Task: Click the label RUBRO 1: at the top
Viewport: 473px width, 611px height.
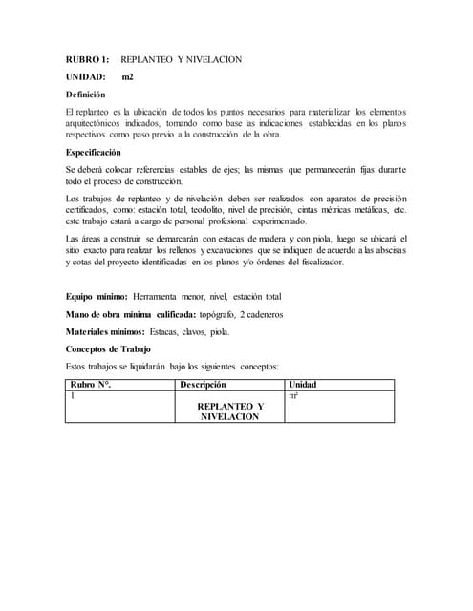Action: pyautogui.click(x=88, y=59)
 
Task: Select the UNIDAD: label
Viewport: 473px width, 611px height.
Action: pyautogui.click(x=87, y=76)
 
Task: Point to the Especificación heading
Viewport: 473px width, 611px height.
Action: pyautogui.click(x=94, y=152)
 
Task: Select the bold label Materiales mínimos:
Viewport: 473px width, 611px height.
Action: pyautogui.click(x=106, y=332)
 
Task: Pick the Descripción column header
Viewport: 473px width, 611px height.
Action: pyautogui.click(x=203, y=384)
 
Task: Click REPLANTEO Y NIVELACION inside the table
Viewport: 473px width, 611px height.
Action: pyautogui.click(x=229, y=411)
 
